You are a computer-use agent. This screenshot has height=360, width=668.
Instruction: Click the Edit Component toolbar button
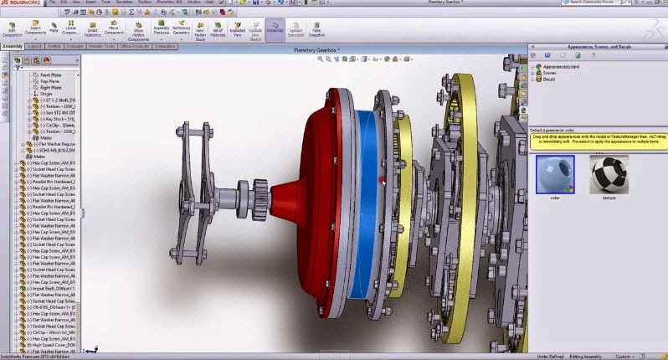(13, 30)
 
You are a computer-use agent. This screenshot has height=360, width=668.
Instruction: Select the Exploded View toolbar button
(238, 30)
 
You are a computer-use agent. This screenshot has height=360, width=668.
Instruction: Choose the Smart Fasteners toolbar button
(92, 30)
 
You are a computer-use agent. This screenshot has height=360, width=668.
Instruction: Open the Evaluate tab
(75, 47)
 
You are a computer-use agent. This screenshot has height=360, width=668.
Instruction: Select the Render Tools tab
(102, 47)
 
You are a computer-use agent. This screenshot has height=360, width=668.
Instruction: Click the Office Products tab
(134, 47)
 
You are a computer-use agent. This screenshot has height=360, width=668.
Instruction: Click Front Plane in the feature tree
(39, 75)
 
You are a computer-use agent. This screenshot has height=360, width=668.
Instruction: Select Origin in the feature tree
(34, 94)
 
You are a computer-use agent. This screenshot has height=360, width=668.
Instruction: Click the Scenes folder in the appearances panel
(548, 73)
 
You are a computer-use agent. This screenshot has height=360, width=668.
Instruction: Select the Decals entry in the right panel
(548, 80)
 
